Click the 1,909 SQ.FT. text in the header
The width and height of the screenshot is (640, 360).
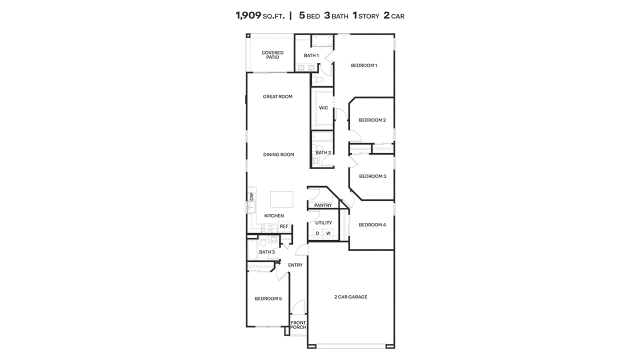[x=260, y=15]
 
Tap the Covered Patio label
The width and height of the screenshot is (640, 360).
[x=272, y=55]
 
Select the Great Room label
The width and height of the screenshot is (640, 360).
[x=277, y=96]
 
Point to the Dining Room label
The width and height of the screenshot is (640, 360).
[x=278, y=154]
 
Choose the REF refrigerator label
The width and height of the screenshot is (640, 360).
[x=284, y=226]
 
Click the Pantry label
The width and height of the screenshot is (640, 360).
[x=323, y=205]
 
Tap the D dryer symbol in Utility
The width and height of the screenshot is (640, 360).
[x=317, y=233]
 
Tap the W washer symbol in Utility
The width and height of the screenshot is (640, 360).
[x=328, y=233]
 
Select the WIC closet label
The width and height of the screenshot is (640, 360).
[x=323, y=107]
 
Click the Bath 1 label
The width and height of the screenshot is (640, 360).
[x=311, y=55]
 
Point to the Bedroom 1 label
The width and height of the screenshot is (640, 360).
[x=363, y=65]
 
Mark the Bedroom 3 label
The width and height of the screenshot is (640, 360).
[x=372, y=176]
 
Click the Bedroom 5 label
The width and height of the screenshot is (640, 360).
[x=268, y=298]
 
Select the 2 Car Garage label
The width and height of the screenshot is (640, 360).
[x=350, y=297]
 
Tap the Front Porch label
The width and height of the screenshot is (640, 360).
[x=298, y=325]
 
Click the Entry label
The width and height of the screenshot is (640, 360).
[x=295, y=265]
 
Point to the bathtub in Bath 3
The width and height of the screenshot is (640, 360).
[x=252, y=250]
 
